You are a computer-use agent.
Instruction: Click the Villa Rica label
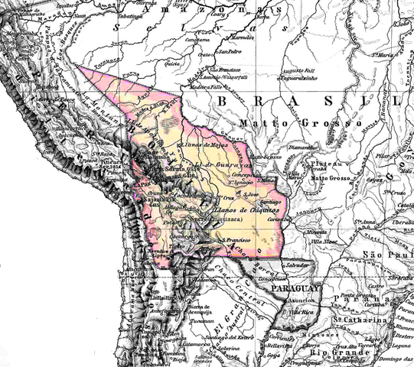coord(298,313)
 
